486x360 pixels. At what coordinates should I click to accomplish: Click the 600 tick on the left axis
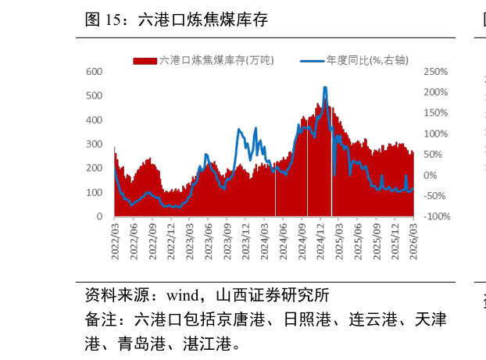[94, 72]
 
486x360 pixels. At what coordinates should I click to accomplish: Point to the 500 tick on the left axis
[94, 96]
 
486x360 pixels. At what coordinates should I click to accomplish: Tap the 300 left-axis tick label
[94, 144]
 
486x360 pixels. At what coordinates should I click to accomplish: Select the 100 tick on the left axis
[94, 193]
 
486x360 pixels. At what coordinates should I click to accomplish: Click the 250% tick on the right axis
[435, 72]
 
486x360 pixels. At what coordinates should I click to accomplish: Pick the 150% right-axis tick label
[435, 113]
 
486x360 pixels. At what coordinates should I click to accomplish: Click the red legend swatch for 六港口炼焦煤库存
[145, 60]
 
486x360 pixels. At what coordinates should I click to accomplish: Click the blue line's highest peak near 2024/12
[325, 88]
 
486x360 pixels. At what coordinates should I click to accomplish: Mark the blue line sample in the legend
[311, 60]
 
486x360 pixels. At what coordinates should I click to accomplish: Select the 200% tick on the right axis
[435, 92]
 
